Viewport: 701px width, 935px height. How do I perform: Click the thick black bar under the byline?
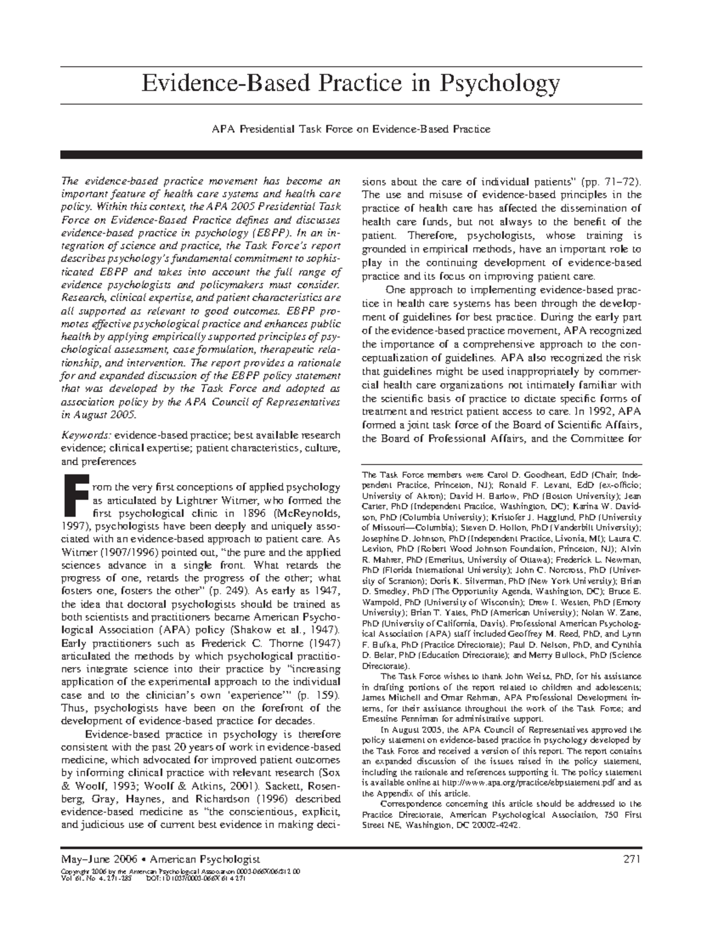350,154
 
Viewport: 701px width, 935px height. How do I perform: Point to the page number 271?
632,859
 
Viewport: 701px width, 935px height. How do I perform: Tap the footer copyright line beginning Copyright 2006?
181,871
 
